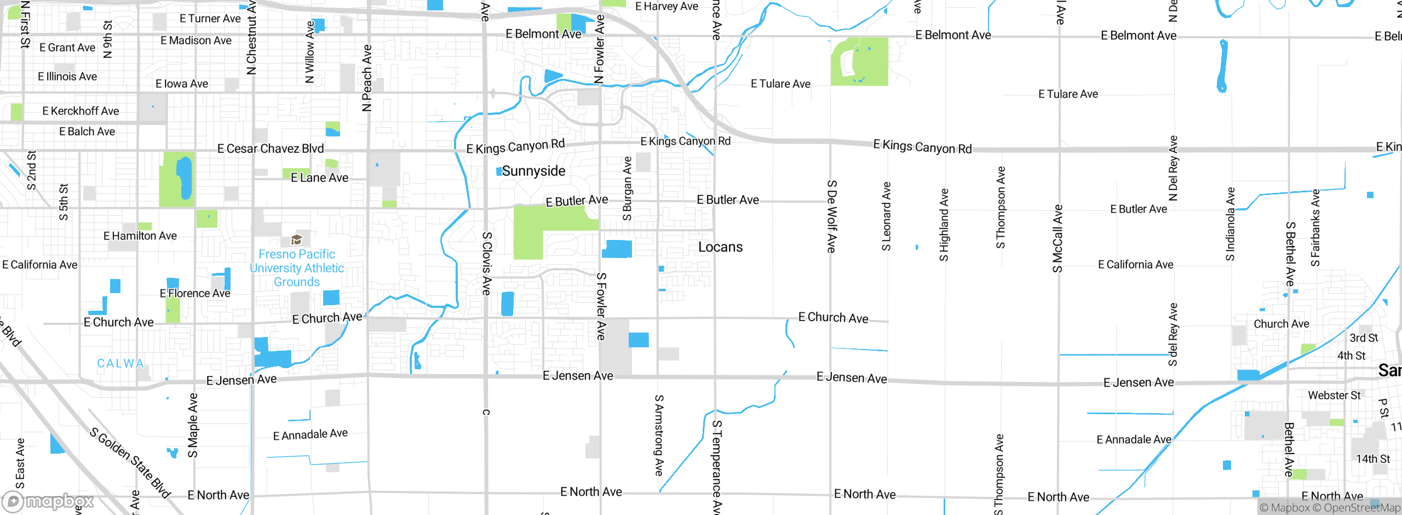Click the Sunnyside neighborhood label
click(x=533, y=171)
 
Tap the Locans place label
click(x=720, y=247)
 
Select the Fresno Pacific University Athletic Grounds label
click(x=297, y=268)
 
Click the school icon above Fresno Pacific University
click(x=296, y=239)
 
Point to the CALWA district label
click(x=120, y=363)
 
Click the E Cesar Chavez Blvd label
click(x=271, y=148)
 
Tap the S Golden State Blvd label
click(x=130, y=463)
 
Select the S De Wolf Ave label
click(x=831, y=216)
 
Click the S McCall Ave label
click(x=1058, y=238)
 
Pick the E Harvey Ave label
click(x=666, y=7)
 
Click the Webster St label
click(x=1334, y=395)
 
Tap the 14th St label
click(x=1372, y=459)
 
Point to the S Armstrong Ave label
click(x=659, y=436)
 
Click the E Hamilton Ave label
click(x=140, y=236)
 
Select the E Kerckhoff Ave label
click(x=81, y=111)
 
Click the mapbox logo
click(x=48, y=501)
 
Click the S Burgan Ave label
click(x=628, y=188)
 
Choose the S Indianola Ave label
click(x=1231, y=224)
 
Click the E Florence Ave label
click(x=195, y=293)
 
